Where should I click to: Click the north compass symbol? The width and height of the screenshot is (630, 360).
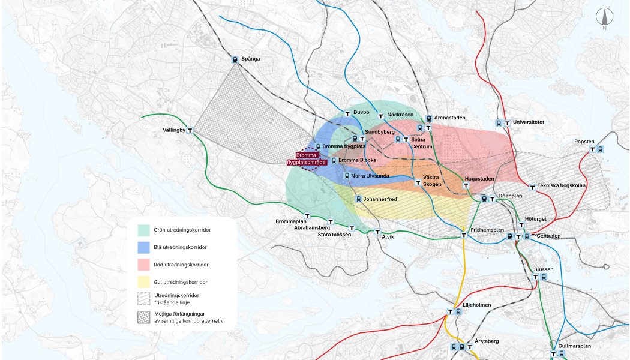(604, 19)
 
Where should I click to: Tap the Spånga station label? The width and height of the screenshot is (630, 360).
(251, 59)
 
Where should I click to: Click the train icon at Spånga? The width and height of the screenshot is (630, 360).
(235, 59)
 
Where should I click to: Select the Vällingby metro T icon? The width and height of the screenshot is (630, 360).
(190, 130)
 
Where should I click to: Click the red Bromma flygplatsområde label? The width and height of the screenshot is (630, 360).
(307, 159)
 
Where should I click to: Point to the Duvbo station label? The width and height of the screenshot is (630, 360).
(361, 112)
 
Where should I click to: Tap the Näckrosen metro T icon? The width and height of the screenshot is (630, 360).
(380, 116)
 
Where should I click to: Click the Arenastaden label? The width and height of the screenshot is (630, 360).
(450, 118)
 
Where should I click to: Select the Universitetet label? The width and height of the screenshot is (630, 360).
(529, 122)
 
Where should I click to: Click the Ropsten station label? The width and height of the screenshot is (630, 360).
(584, 142)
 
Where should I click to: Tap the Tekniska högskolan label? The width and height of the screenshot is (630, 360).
(562, 185)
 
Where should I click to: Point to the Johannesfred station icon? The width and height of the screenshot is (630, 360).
(358, 199)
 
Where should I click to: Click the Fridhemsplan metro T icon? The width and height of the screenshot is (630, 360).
(464, 235)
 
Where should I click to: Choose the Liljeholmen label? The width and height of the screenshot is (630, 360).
(477, 305)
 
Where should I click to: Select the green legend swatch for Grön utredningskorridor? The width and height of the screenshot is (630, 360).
(143, 230)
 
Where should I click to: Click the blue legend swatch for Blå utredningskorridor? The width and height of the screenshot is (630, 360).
(143, 247)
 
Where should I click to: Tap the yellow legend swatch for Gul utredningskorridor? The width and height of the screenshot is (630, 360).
(143, 282)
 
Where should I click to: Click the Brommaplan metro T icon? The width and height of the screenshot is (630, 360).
(307, 215)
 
